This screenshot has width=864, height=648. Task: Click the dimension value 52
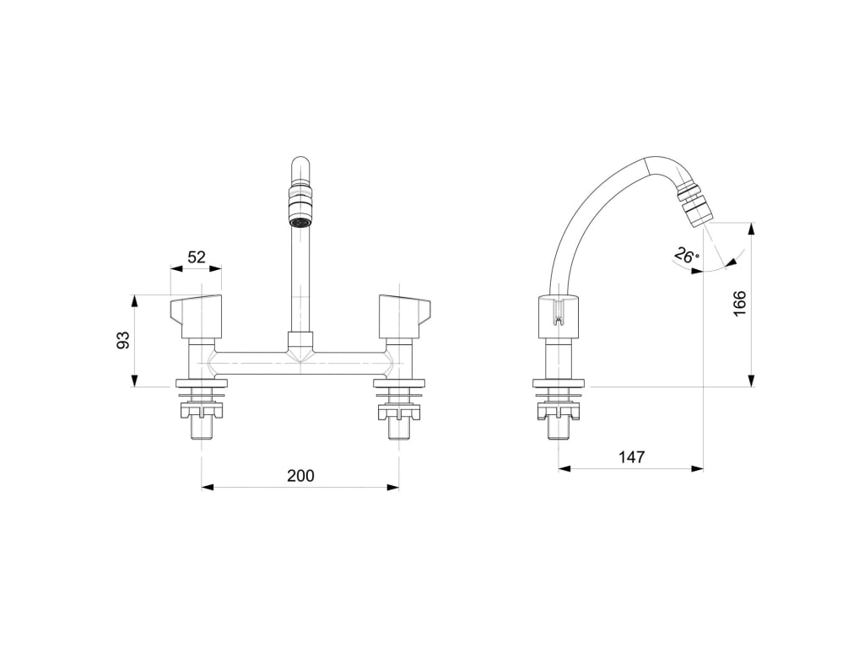point(197,257)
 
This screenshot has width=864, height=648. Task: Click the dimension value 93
point(123,341)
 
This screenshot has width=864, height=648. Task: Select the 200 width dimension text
point(300,476)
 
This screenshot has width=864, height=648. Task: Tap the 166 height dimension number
point(739,304)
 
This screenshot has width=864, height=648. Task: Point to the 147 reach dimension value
point(631,457)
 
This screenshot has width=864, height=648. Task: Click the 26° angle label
point(687,254)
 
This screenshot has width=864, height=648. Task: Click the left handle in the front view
point(197,315)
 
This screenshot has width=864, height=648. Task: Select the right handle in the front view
point(404,315)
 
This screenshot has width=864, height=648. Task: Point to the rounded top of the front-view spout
point(300,163)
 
